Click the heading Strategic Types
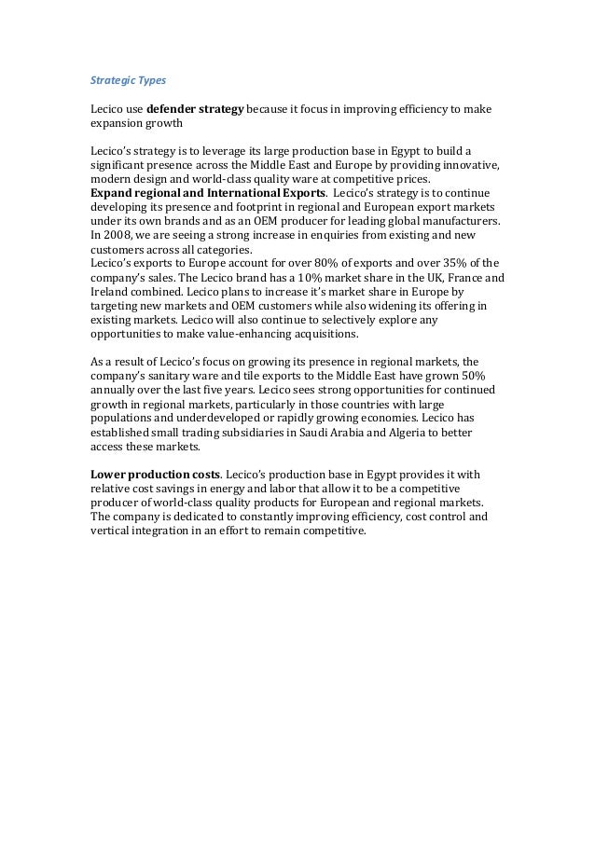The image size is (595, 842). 127,81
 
